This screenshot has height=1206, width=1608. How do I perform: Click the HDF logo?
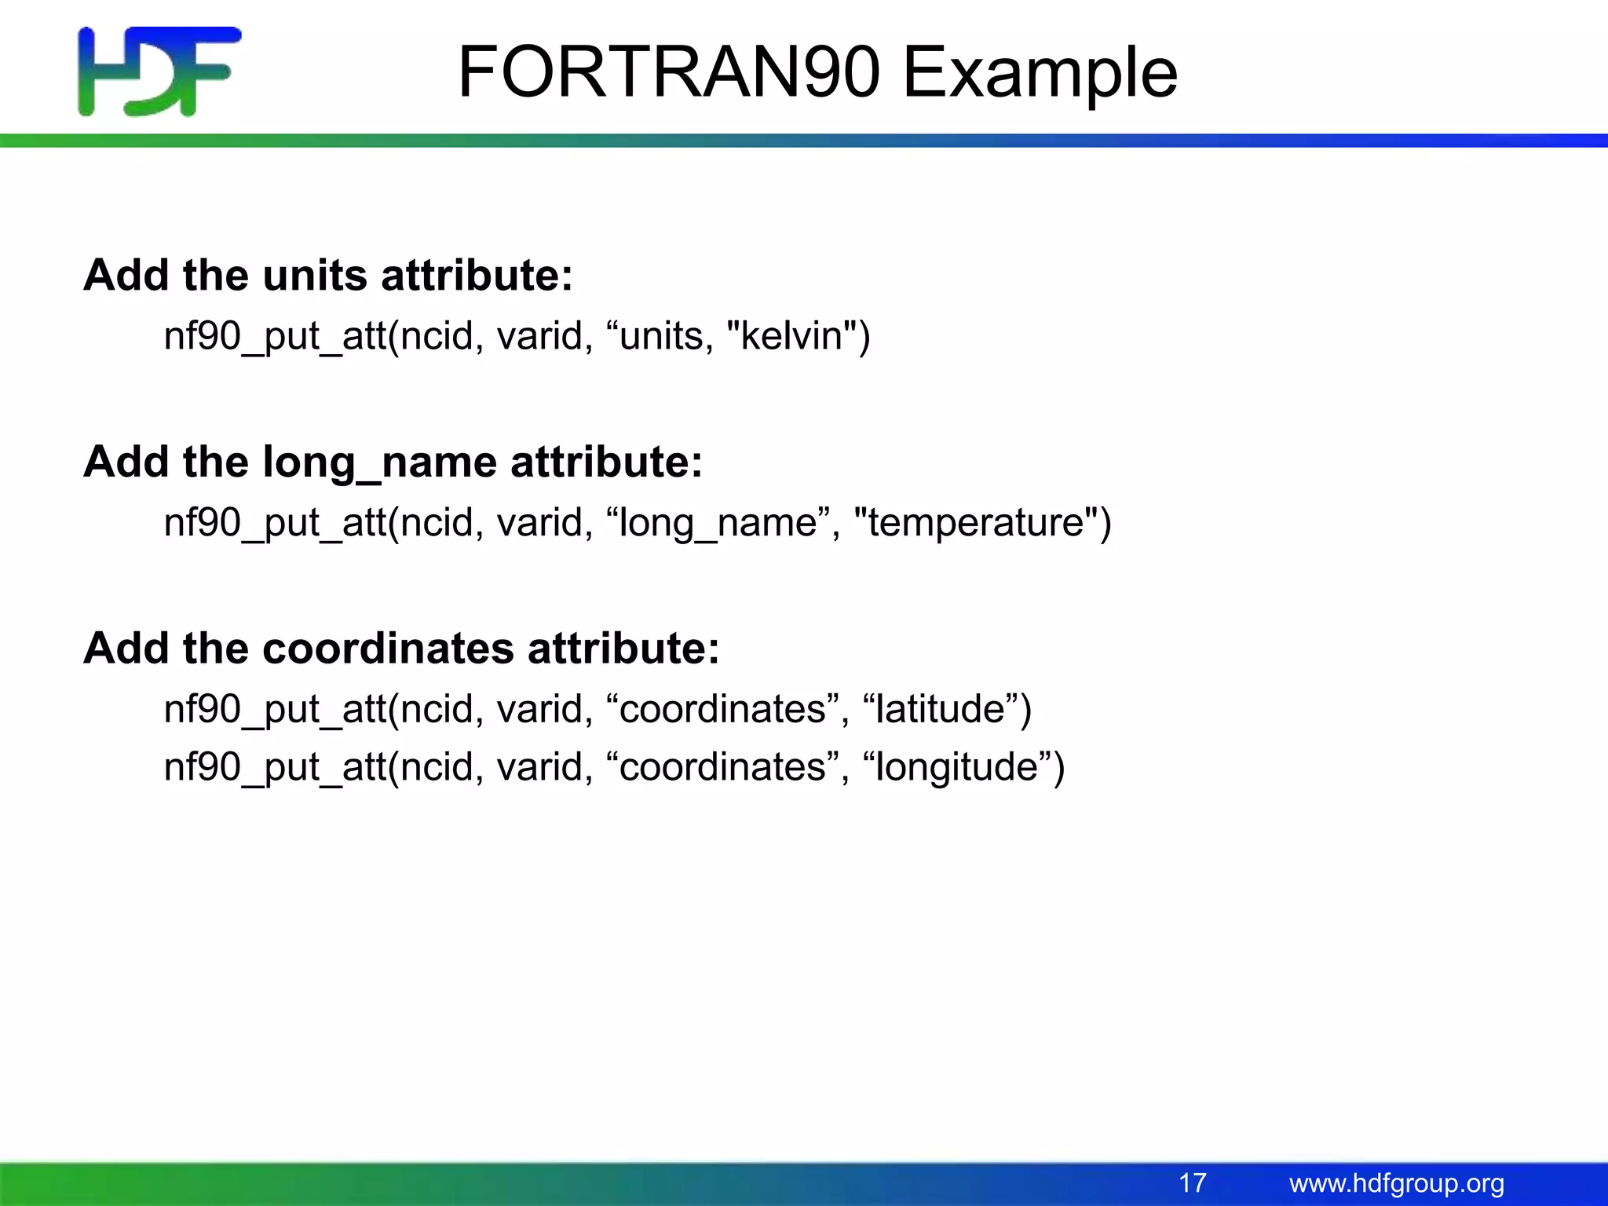[x=159, y=71]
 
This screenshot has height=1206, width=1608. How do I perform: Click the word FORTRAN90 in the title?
[x=667, y=72]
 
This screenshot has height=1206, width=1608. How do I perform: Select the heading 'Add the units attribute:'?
[x=328, y=276]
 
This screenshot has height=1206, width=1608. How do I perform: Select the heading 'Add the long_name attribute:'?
[x=393, y=462]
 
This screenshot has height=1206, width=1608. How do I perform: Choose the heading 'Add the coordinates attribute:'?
[x=401, y=649]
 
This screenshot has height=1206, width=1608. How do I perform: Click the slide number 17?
[x=1192, y=1183]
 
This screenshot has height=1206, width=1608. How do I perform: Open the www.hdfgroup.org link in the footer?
[x=1396, y=1183]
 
